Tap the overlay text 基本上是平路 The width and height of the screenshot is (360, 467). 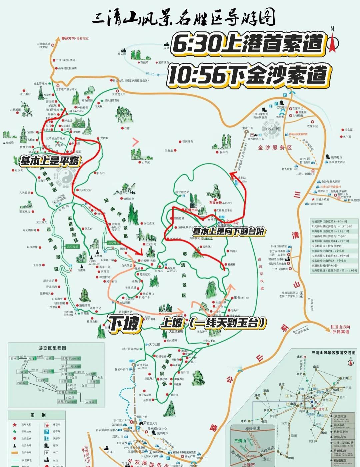click(x=50, y=161)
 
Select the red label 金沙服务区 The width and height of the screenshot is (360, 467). click(x=275, y=147)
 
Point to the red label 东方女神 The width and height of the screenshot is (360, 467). click(x=215, y=202)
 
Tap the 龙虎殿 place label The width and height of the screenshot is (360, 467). click(x=104, y=138)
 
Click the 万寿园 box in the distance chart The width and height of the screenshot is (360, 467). click(x=91, y=402)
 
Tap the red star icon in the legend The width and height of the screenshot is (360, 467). click(x=15, y=425)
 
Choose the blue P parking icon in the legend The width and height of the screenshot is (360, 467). click(x=47, y=432)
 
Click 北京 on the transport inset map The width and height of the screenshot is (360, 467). click(x=299, y=357)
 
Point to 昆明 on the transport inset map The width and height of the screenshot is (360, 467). click(x=243, y=421)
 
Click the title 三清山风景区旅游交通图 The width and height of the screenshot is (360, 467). click(x=333, y=353)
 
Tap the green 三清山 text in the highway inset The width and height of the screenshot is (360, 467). click(x=240, y=441)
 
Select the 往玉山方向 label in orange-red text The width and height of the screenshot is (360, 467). click(x=340, y=327)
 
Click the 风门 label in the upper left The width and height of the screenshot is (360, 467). click(x=71, y=111)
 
